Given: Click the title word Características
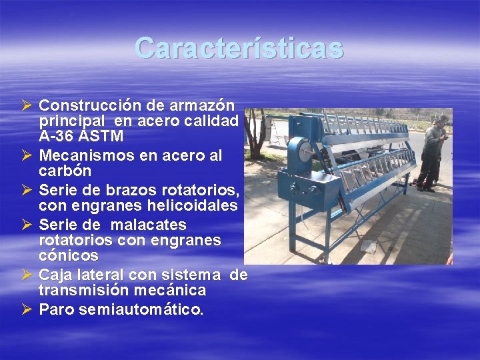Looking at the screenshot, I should [239, 48].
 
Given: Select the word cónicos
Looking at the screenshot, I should [69, 255].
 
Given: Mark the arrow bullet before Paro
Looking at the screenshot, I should [27, 309].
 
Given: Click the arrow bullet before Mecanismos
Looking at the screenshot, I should [27, 155].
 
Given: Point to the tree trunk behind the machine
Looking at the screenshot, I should [255, 137].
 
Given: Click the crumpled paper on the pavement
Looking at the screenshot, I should [369, 246].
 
